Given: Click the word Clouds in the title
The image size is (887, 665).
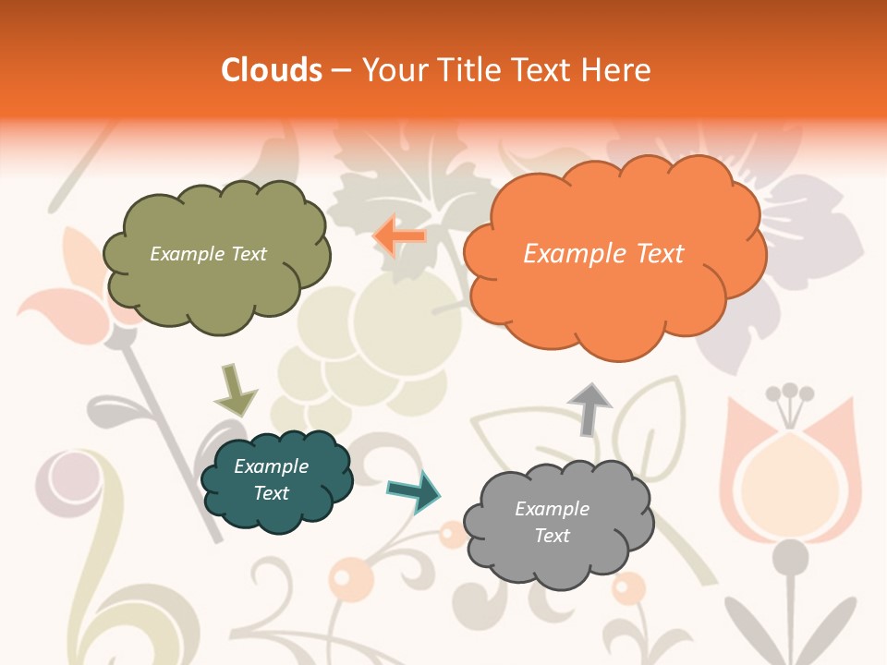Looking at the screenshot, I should click(272, 70).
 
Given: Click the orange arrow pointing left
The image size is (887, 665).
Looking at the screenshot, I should click(400, 236).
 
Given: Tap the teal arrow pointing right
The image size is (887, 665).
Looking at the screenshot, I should click(415, 490).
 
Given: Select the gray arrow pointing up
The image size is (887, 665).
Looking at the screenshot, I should click(589, 407).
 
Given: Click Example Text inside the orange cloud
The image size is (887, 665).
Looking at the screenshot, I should click(603, 254).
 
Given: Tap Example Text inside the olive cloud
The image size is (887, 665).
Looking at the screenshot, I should click(208, 254).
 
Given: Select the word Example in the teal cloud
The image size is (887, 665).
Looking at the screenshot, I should click(271, 466).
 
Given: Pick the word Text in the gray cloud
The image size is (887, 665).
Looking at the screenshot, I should click(552, 536).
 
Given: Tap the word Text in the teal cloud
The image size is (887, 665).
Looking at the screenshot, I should click(271, 493).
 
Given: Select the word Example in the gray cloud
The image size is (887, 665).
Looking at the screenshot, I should click(552, 509).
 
